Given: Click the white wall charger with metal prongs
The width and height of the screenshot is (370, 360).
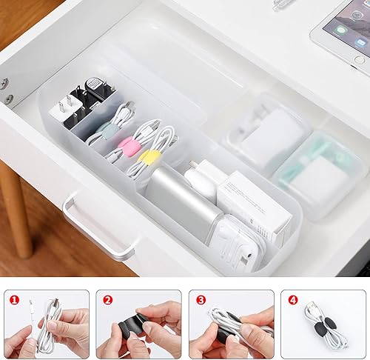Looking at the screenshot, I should [62, 112].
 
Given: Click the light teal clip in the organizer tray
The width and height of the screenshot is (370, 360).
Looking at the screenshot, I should [110, 130].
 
